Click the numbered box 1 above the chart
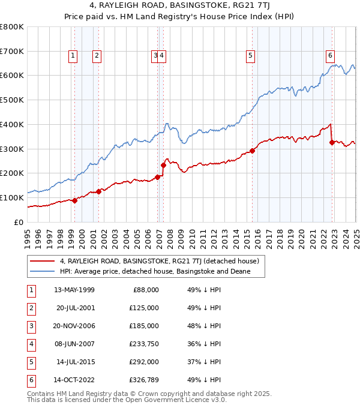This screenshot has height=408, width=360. point(73,56)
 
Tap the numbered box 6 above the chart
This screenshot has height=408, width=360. point(330,56)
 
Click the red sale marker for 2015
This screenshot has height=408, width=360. point(253,151)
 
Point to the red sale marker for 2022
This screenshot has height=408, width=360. point(332,142)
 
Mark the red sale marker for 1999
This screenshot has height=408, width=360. point(74,200)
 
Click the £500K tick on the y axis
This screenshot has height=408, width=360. point(12,100)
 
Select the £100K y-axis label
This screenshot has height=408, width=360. point(12,197)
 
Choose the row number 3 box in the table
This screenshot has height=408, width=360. point(31,326)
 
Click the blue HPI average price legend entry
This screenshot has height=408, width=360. point(154,272)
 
